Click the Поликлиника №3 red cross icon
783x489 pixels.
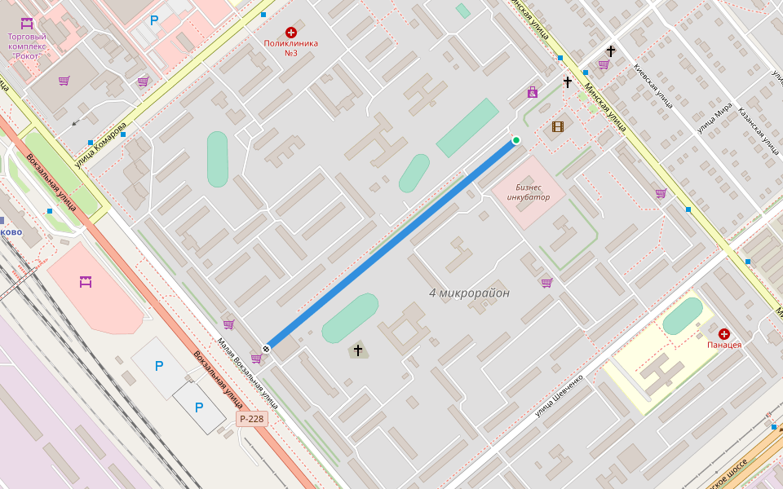(290, 32)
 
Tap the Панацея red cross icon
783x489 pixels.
(724, 333)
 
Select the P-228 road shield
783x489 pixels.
(252, 419)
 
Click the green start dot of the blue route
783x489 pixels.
(515, 140)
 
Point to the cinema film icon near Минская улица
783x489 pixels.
(558, 126)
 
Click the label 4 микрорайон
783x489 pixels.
(469, 293)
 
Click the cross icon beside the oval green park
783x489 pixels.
(356, 350)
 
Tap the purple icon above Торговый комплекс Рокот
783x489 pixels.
(26, 23)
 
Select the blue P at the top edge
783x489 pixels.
(154, 20)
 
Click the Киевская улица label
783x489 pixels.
(653, 86)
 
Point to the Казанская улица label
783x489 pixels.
(759, 130)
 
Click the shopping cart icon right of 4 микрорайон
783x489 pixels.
(546, 283)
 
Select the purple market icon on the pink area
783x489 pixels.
(86, 282)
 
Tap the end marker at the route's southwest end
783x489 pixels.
(266, 348)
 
